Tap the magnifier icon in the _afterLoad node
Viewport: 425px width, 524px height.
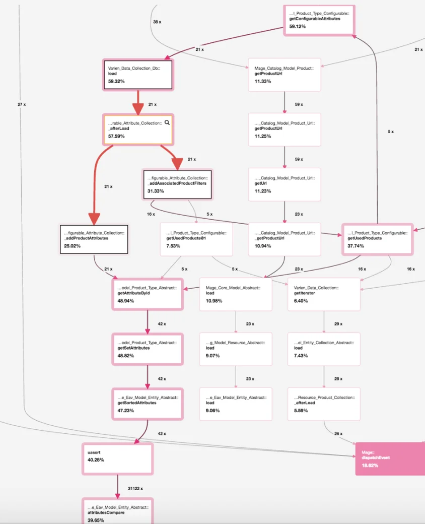tap(167, 122)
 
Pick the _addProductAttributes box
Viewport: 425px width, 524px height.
tap(94, 239)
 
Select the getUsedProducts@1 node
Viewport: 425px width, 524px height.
tap(196, 239)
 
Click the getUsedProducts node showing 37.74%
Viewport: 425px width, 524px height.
tap(378, 239)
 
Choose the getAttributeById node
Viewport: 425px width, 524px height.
tap(147, 293)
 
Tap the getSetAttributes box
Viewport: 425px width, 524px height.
tap(147, 348)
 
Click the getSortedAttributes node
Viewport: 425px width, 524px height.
tap(147, 404)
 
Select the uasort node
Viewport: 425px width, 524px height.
tap(117, 458)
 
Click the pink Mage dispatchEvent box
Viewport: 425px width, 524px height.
tap(390, 458)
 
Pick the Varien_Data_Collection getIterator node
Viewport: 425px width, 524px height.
tap(324, 293)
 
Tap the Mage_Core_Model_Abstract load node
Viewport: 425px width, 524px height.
tap(236, 293)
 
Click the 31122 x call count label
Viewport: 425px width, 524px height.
tap(135, 488)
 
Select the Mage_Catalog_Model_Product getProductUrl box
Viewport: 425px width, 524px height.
tap(285, 75)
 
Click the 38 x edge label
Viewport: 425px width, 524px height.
tap(157, 22)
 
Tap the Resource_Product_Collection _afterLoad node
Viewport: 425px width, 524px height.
tap(324, 404)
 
